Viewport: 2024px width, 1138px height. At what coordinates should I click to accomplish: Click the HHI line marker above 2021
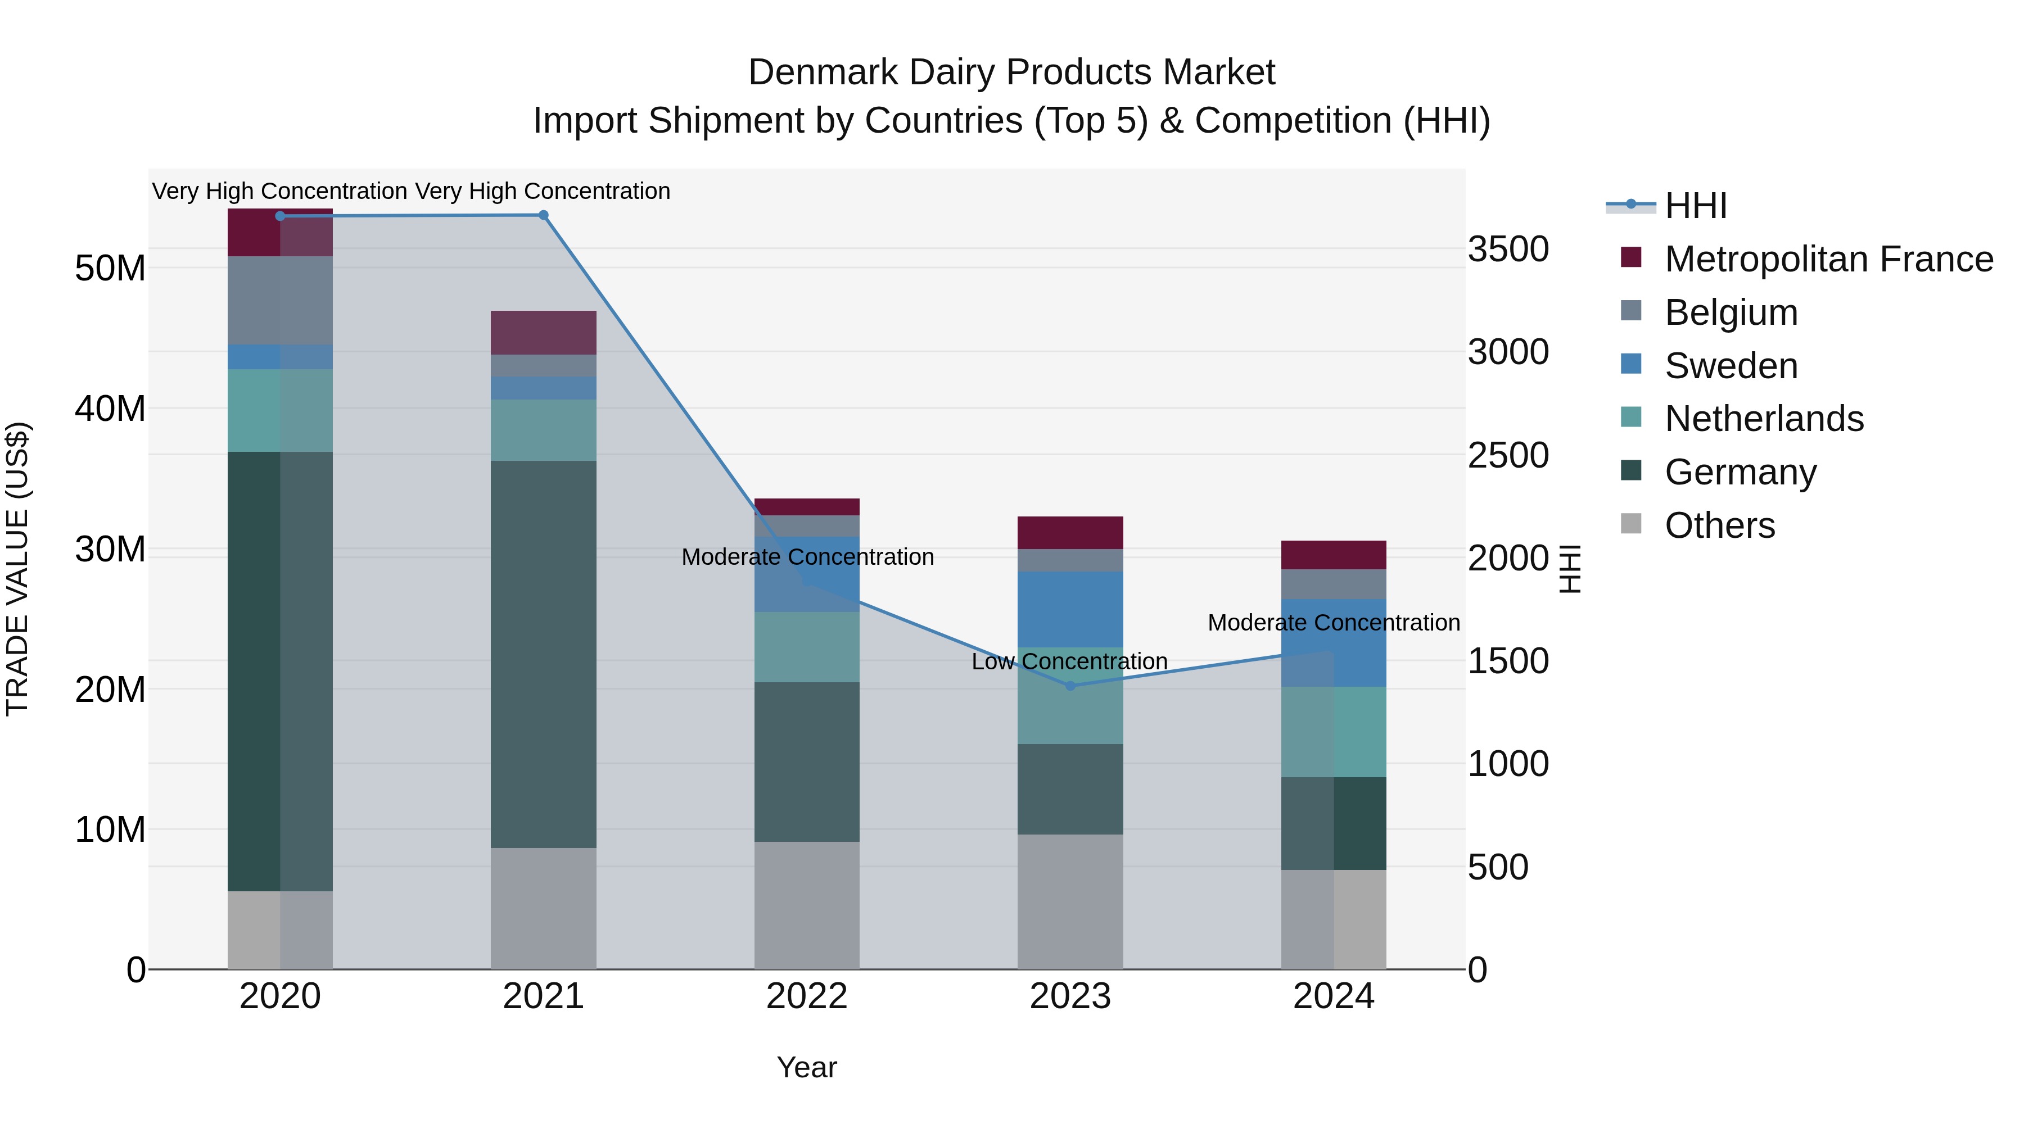(x=543, y=215)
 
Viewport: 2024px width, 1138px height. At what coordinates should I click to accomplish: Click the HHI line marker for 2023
(x=1069, y=686)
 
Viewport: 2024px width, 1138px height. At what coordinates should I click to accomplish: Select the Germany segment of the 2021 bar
(x=543, y=654)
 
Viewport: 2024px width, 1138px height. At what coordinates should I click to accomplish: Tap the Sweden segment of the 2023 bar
(x=1069, y=609)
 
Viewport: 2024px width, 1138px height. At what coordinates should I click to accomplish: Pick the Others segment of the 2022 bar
(x=806, y=905)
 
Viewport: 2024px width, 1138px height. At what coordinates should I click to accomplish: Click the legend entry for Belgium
(x=1731, y=312)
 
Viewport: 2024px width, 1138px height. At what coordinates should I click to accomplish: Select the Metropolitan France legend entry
(x=1828, y=259)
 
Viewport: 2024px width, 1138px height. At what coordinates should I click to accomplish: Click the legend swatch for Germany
(x=1630, y=471)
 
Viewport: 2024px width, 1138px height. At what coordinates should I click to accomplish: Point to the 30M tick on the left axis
(x=110, y=549)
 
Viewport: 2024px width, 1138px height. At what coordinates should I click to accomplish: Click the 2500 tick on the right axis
(x=1508, y=456)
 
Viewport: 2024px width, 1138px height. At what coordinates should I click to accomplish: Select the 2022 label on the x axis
(x=806, y=996)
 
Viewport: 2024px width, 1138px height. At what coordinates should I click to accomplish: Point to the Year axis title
(x=806, y=1067)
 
